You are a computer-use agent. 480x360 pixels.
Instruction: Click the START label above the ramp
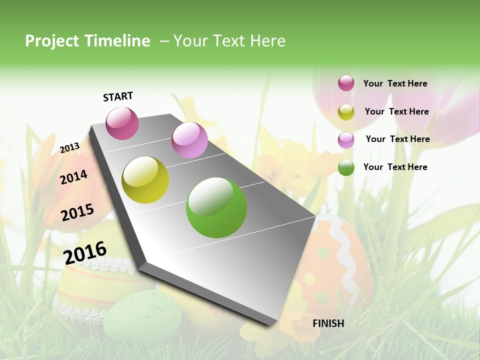coord(118,96)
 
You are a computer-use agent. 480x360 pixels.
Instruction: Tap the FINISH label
coord(328,323)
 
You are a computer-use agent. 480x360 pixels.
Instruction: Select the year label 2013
coord(69,147)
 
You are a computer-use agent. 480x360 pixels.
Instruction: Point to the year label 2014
coord(73,177)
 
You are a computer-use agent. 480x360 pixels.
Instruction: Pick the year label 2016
coord(85,252)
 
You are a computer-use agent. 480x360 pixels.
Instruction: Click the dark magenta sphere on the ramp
coord(122,123)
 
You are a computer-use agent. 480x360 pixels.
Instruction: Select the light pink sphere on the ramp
coord(189,140)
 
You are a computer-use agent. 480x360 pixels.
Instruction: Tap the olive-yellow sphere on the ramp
coord(145,180)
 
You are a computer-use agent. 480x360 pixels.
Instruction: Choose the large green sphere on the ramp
coord(216,207)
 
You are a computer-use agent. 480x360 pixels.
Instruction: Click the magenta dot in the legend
coord(346,83)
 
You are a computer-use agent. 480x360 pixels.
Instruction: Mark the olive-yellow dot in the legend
coord(346,112)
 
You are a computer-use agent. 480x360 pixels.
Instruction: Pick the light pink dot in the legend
coord(346,140)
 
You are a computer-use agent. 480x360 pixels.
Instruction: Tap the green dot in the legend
coord(346,167)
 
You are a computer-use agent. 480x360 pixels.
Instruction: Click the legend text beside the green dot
coord(395,167)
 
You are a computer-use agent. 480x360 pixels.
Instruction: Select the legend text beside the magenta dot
coord(395,83)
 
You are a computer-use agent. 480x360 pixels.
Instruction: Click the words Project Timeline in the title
coord(87,41)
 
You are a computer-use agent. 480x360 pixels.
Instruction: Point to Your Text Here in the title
coord(229,41)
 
